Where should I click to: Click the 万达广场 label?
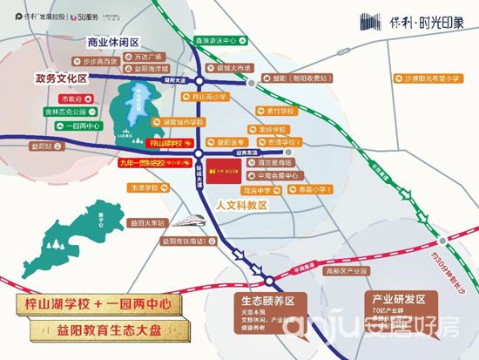[x=152, y=55]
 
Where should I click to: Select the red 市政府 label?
[x=69, y=99]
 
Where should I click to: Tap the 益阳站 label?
[x=40, y=146]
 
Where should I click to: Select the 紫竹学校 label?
[x=282, y=111]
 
